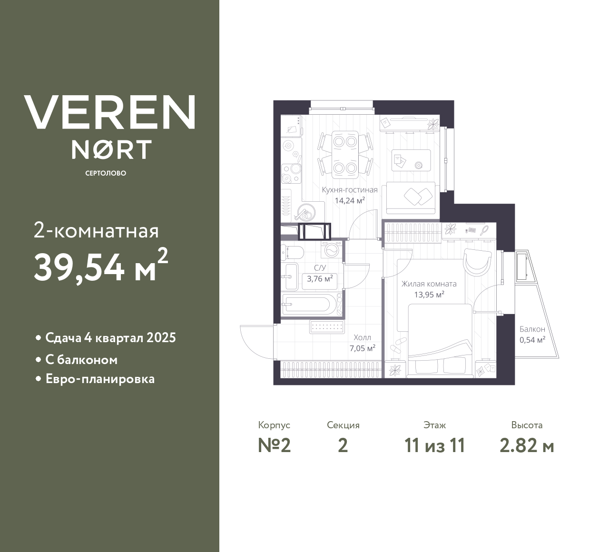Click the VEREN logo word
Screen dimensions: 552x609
[x=109, y=112]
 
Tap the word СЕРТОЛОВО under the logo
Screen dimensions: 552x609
[x=106, y=173]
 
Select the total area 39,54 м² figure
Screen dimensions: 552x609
[x=100, y=266]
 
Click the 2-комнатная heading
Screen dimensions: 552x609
[x=96, y=231]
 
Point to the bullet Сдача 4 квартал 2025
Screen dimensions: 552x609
[x=110, y=338]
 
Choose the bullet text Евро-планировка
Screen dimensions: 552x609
[x=100, y=379]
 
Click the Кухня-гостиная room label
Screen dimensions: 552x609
[x=349, y=190]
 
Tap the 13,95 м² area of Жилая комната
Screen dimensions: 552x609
[x=429, y=295]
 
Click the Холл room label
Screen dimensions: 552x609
[x=362, y=338]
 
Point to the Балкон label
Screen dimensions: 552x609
[x=532, y=329]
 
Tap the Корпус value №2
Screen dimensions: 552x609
[x=274, y=446]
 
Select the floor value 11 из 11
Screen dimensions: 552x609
[x=434, y=446]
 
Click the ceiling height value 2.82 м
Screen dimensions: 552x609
[x=527, y=446]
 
